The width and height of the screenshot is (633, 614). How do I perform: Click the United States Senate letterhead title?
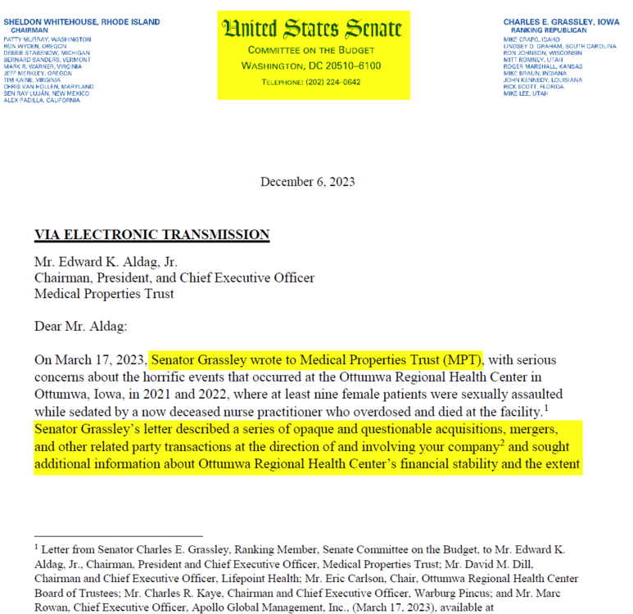[313, 29]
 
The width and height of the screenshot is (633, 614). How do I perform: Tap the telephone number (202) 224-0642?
[312, 83]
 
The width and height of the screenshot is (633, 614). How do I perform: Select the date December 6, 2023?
[307, 181]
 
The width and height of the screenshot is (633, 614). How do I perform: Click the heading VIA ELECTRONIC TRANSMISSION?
[151, 235]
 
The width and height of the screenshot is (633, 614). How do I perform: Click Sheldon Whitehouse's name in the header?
[81, 22]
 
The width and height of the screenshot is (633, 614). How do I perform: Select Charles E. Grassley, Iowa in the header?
[562, 22]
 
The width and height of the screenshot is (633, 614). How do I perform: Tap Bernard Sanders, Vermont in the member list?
[47, 60]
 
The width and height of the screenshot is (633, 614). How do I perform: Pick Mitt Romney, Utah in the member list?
[532, 59]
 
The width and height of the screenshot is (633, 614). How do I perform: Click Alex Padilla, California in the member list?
[42, 101]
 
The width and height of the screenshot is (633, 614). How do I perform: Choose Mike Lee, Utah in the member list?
[526, 93]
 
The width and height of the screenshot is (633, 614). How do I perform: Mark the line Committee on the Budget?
[313, 51]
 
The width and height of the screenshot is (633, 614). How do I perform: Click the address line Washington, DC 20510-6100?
[312, 65]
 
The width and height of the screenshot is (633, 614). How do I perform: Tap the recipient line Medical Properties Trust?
[104, 294]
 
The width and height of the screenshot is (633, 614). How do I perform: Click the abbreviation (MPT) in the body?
[464, 359]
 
